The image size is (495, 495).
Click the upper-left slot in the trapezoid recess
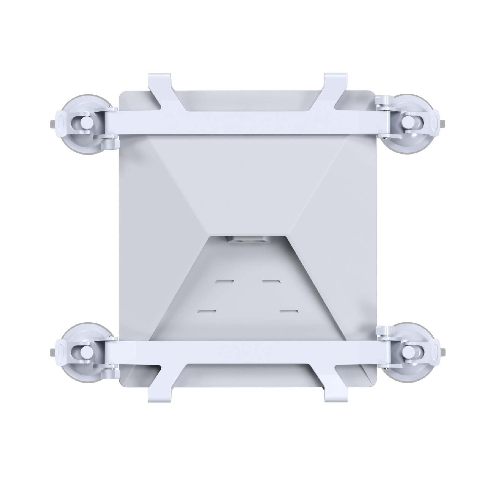point(225,282)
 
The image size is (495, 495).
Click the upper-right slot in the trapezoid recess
point(271,282)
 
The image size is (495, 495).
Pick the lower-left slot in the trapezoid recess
point(207,311)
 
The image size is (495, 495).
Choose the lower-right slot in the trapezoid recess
point(289,311)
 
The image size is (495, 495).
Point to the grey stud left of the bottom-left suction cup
point(52,352)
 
